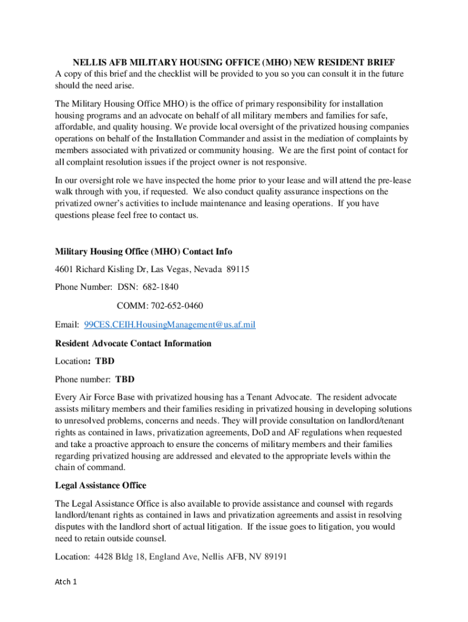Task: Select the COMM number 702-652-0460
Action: (176, 306)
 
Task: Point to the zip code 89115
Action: (237, 268)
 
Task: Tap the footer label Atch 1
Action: (66, 582)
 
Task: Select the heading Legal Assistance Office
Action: (100, 485)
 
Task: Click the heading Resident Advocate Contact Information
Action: (133, 343)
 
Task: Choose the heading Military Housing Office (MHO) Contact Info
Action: (143, 251)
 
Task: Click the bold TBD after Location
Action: (105, 361)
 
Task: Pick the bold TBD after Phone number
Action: (125, 379)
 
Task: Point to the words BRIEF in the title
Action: (380, 63)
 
